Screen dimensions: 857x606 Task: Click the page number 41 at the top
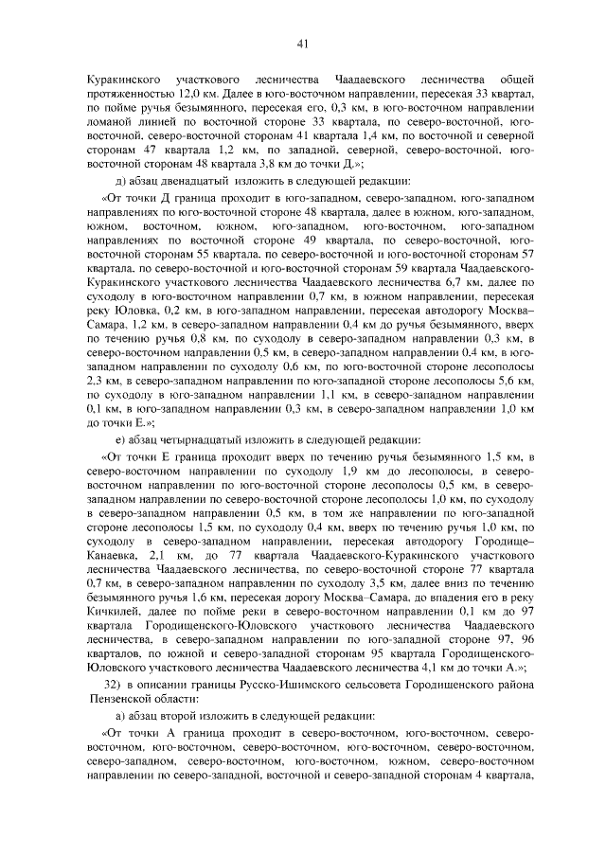coord(303,42)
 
